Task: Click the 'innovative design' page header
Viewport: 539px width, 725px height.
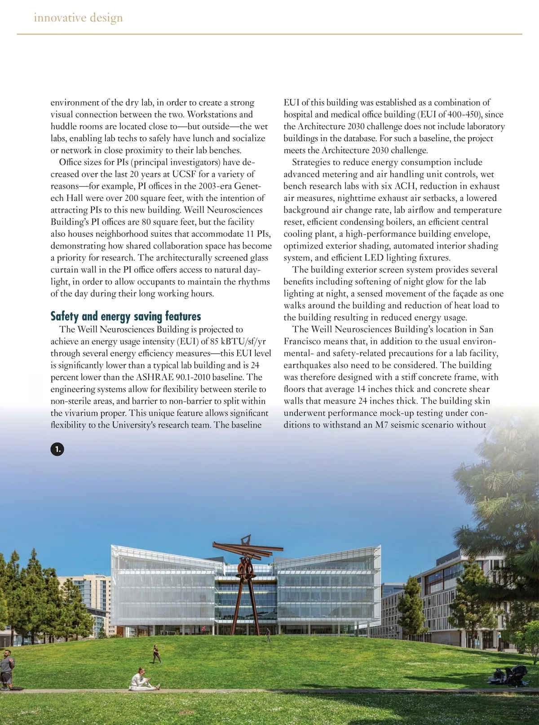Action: [x=78, y=18]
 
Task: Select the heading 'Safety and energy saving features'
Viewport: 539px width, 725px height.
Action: [x=126, y=316]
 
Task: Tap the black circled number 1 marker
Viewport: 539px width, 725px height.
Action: [x=57, y=449]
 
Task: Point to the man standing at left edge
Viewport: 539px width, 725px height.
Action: [x=6, y=669]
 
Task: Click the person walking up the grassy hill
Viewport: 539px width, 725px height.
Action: [x=156, y=654]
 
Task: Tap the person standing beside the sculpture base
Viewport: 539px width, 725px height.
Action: [x=268, y=635]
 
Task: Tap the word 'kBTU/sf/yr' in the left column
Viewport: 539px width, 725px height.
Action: [x=243, y=341]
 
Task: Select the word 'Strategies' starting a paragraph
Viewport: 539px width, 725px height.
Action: [x=313, y=162]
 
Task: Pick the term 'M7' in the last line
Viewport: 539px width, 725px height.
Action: [x=381, y=425]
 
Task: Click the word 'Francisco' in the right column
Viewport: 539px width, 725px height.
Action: [x=304, y=341]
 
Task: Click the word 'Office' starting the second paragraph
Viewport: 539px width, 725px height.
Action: [x=70, y=162]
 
